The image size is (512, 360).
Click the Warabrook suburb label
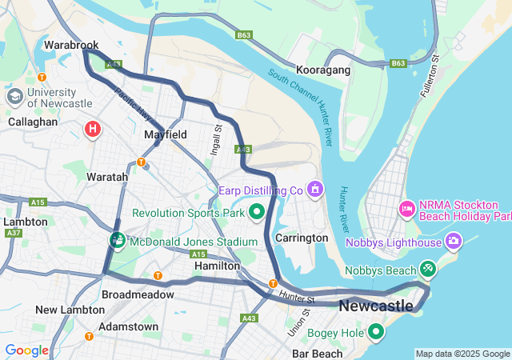70,46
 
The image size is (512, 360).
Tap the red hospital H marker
93,128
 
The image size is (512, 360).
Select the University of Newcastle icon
14,97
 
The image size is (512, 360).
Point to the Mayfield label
166,135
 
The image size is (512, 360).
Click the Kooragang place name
323,70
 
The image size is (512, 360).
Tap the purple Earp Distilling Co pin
316,190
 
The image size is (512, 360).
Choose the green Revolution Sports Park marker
257,213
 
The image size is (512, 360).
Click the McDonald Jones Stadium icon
118,241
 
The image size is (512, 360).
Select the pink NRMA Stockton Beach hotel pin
406,210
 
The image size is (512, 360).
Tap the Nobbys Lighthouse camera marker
454,241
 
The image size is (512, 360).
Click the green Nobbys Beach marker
428,270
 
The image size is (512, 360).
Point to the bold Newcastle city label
376,306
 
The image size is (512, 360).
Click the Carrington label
302,238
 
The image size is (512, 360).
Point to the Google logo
26,350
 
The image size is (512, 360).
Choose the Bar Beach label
317,353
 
